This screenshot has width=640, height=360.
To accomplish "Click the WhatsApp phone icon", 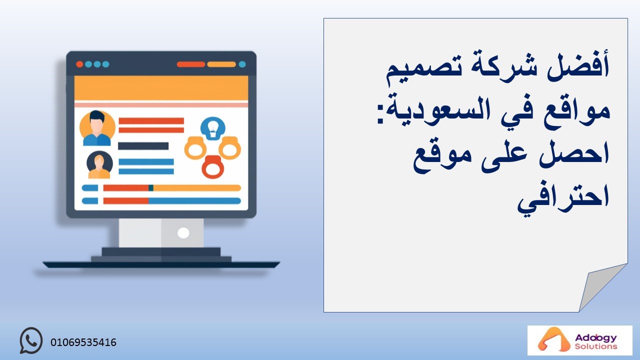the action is point(31,340).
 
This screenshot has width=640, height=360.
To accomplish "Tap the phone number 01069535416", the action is point(83,342).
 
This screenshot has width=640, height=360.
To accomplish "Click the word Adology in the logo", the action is point(595,338).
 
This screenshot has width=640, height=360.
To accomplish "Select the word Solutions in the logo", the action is point(595,346).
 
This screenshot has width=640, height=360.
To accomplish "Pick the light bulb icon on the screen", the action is point(213,128).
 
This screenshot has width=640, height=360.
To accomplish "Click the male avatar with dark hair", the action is point(97,128).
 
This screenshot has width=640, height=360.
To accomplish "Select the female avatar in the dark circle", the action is point(99,165).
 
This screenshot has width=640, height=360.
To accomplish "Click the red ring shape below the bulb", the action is point(213,167).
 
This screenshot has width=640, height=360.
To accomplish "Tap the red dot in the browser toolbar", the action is point(79,64).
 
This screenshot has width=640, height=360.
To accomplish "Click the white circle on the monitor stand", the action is point(183,233).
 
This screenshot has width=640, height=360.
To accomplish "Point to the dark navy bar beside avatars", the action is point(143,146).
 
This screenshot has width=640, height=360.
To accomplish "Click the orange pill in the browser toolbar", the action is point(221,64).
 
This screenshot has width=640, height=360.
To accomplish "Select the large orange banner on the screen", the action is point(161,88).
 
